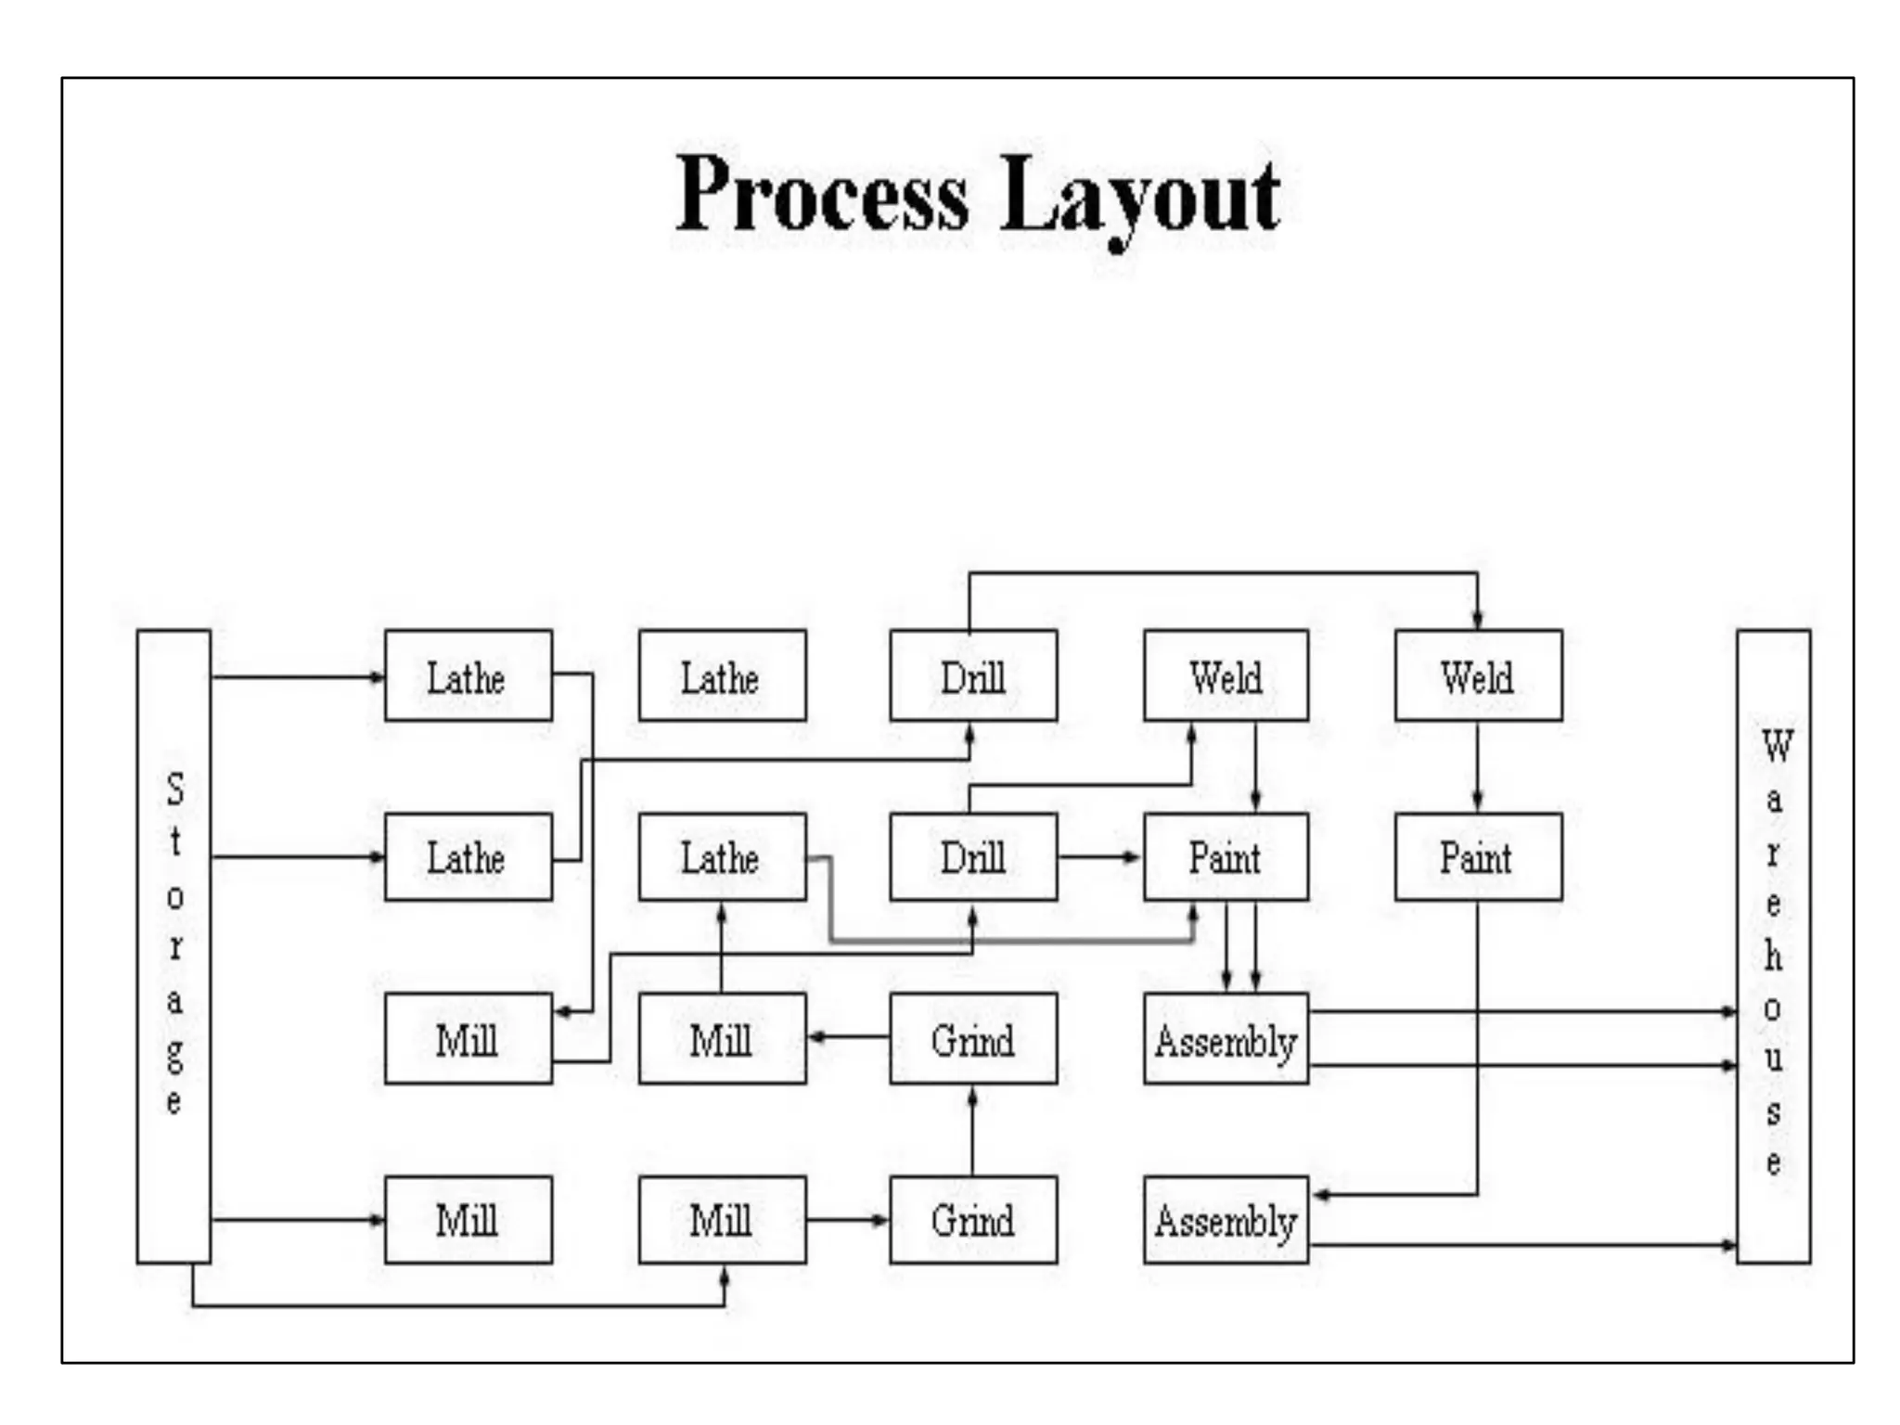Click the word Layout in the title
point(1140,197)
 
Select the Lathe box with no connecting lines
point(722,675)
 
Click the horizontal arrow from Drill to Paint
point(1099,856)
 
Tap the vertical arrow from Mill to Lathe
point(722,946)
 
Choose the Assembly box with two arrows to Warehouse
point(1226,1038)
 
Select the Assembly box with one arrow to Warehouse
point(1226,1220)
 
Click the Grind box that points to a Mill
point(972,1038)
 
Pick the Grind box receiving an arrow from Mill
point(972,1220)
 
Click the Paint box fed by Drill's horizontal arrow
point(1226,856)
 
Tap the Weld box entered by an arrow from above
point(1478,675)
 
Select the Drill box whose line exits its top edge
point(972,675)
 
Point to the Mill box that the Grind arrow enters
point(722,1038)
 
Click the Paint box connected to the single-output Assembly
point(1478,856)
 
